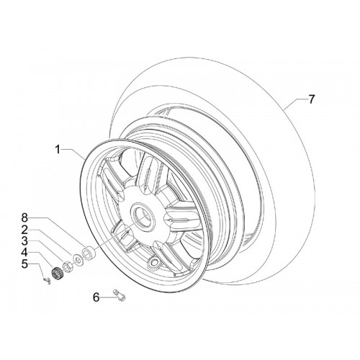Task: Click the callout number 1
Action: point(58,150)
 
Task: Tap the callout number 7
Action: point(311,99)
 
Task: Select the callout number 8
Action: point(24,218)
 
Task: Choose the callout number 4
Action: point(24,253)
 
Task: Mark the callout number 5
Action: point(24,264)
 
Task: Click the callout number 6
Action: point(96,297)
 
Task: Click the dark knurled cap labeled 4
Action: point(57,273)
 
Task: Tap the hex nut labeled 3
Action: point(67,266)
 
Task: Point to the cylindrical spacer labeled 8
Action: point(89,253)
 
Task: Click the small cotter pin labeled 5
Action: point(47,281)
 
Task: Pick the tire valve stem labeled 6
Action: point(120,294)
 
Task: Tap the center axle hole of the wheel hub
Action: point(143,215)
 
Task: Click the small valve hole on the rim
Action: point(153,262)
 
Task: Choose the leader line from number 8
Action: point(57,230)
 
